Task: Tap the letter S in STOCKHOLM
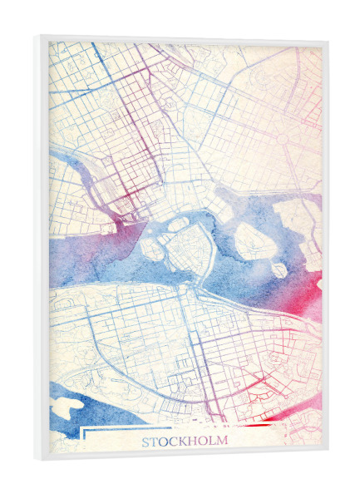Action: (146, 442)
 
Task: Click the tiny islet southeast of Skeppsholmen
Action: (278, 270)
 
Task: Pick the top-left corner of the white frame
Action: (38, 37)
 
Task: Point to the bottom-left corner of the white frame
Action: (38, 460)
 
